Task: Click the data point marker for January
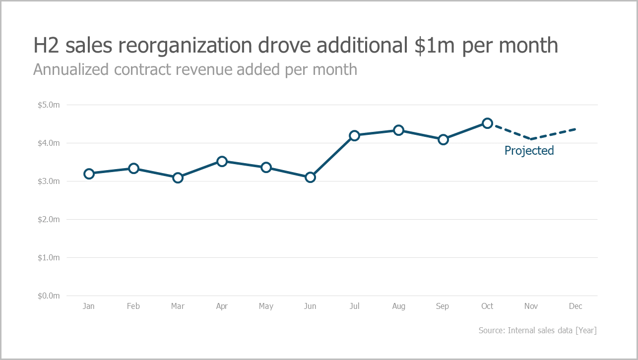pos(89,174)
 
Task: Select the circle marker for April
pos(222,161)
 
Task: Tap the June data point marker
pos(310,177)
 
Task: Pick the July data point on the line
pos(354,135)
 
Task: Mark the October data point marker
pos(487,123)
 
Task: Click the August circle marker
pos(398,130)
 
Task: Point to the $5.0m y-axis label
pos(49,105)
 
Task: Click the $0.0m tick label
pos(49,296)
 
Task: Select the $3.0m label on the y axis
pos(49,181)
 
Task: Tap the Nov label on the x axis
pos(531,306)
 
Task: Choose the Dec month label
pos(575,306)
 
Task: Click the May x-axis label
pos(266,306)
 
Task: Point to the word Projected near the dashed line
pos(529,151)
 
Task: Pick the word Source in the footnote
pos(491,330)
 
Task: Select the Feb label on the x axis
pos(133,306)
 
